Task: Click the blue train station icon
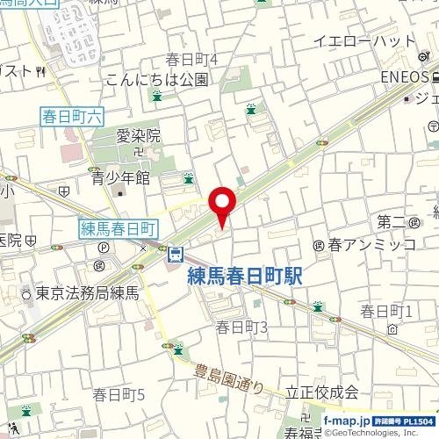176,255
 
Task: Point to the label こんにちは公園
156,80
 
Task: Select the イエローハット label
363,41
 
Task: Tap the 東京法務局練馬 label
88,291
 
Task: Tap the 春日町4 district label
191,59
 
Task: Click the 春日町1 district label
386,311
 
